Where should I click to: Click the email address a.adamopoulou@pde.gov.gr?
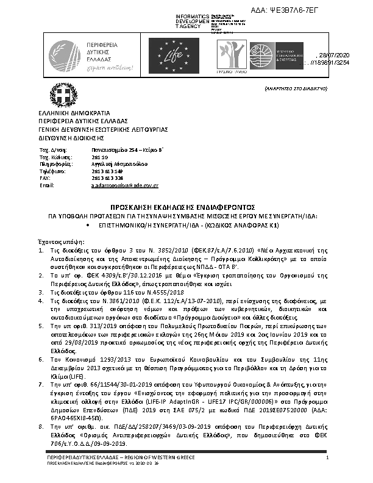pyautogui.click(x=124, y=185)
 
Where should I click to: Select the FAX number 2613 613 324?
pyautogui.click(x=95, y=177)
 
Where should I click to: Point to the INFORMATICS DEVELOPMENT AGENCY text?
pyautogui.click(x=191, y=21)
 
